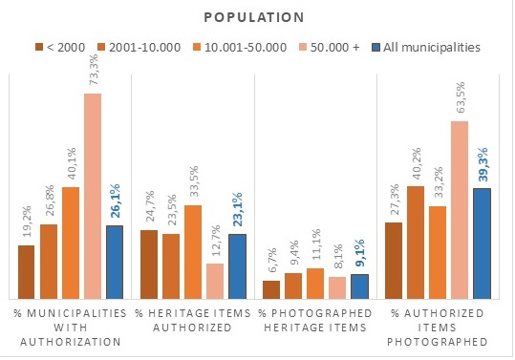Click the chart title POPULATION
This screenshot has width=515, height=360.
click(254, 18)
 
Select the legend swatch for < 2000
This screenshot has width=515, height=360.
click(39, 47)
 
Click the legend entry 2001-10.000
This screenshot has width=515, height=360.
click(139, 47)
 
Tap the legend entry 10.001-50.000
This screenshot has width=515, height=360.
click(240, 47)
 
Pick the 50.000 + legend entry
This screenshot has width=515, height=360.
click(330, 47)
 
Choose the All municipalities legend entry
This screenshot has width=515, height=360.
click(426, 47)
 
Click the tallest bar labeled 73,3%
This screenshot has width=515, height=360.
click(93, 197)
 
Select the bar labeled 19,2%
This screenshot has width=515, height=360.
click(27, 272)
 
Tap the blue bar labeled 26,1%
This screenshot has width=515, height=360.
click(115, 263)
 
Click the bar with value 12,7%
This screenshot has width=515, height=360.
click(215, 282)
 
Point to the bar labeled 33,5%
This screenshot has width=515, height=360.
click(193, 252)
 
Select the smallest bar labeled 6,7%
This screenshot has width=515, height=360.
click(271, 289)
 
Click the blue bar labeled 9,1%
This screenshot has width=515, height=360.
click(359, 286)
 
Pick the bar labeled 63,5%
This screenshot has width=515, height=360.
click(460, 210)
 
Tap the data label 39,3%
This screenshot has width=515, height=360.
click(483, 165)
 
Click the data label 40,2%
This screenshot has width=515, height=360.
click(417, 163)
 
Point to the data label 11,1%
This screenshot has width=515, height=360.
click(315, 244)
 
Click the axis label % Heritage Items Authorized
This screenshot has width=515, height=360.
click(193, 320)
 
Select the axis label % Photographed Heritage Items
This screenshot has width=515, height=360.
click(315, 320)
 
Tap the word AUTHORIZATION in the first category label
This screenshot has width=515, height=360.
click(71, 342)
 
